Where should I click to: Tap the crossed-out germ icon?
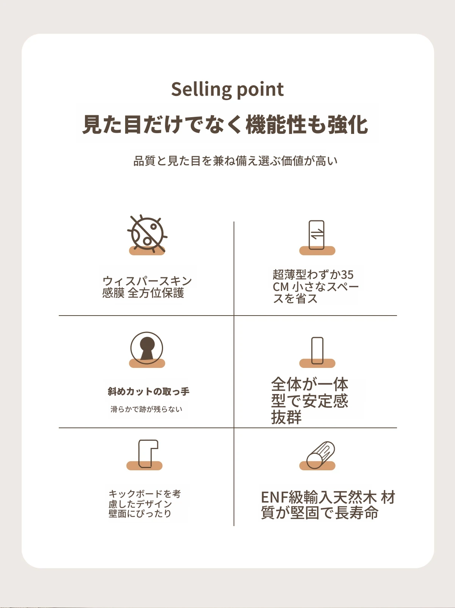(x=147, y=234)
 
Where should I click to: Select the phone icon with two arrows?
(x=317, y=235)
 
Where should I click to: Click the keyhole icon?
(x=147, y=348)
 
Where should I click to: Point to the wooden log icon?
(x=321, y=455)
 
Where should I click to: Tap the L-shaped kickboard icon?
(x=148, y=453)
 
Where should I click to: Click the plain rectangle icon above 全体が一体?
(x=317, y=350)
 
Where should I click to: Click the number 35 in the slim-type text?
(x=347, y=275)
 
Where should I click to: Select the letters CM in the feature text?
(x=281, y=287)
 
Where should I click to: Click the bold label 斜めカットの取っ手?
(x=148, y=391)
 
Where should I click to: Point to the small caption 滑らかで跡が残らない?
(x=146, y=409)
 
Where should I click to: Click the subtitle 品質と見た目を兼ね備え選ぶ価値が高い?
(x=235, y=161)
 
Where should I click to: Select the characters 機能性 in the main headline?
(x=276, y=125)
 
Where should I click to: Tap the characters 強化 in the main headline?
(x=348, y=125)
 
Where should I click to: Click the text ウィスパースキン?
(x=147, y=281)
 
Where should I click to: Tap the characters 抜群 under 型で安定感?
(x=286, y=418)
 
